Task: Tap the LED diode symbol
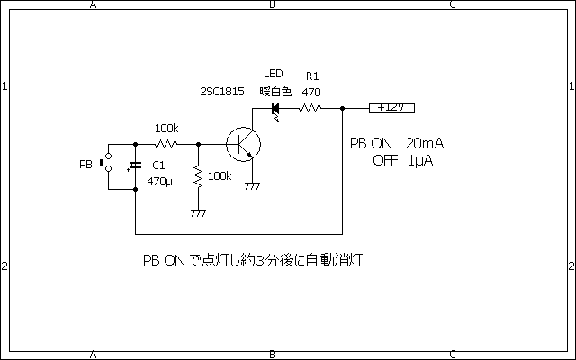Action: (x=276, y=108)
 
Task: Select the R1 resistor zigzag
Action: (x=310, y=108)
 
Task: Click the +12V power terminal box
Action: (x=391, y=107)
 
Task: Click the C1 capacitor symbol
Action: (x=135, y=166)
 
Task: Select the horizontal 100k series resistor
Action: (x=166, y=143)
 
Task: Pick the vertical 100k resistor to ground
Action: (x=198, y=177)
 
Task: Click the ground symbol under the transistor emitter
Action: (x=253, y=186)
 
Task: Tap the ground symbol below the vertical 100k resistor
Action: (x=198, y=213)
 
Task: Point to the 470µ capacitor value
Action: (x=159, y=180)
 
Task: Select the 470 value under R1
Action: (x=311, y=92)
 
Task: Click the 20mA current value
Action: (x=425, y=144)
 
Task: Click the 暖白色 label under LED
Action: (x=276, y=92)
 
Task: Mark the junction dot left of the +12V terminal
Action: (x=344, y=108)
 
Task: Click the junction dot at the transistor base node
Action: (x=198, y=143)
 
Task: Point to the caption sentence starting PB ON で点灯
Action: (x=256, y=260)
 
